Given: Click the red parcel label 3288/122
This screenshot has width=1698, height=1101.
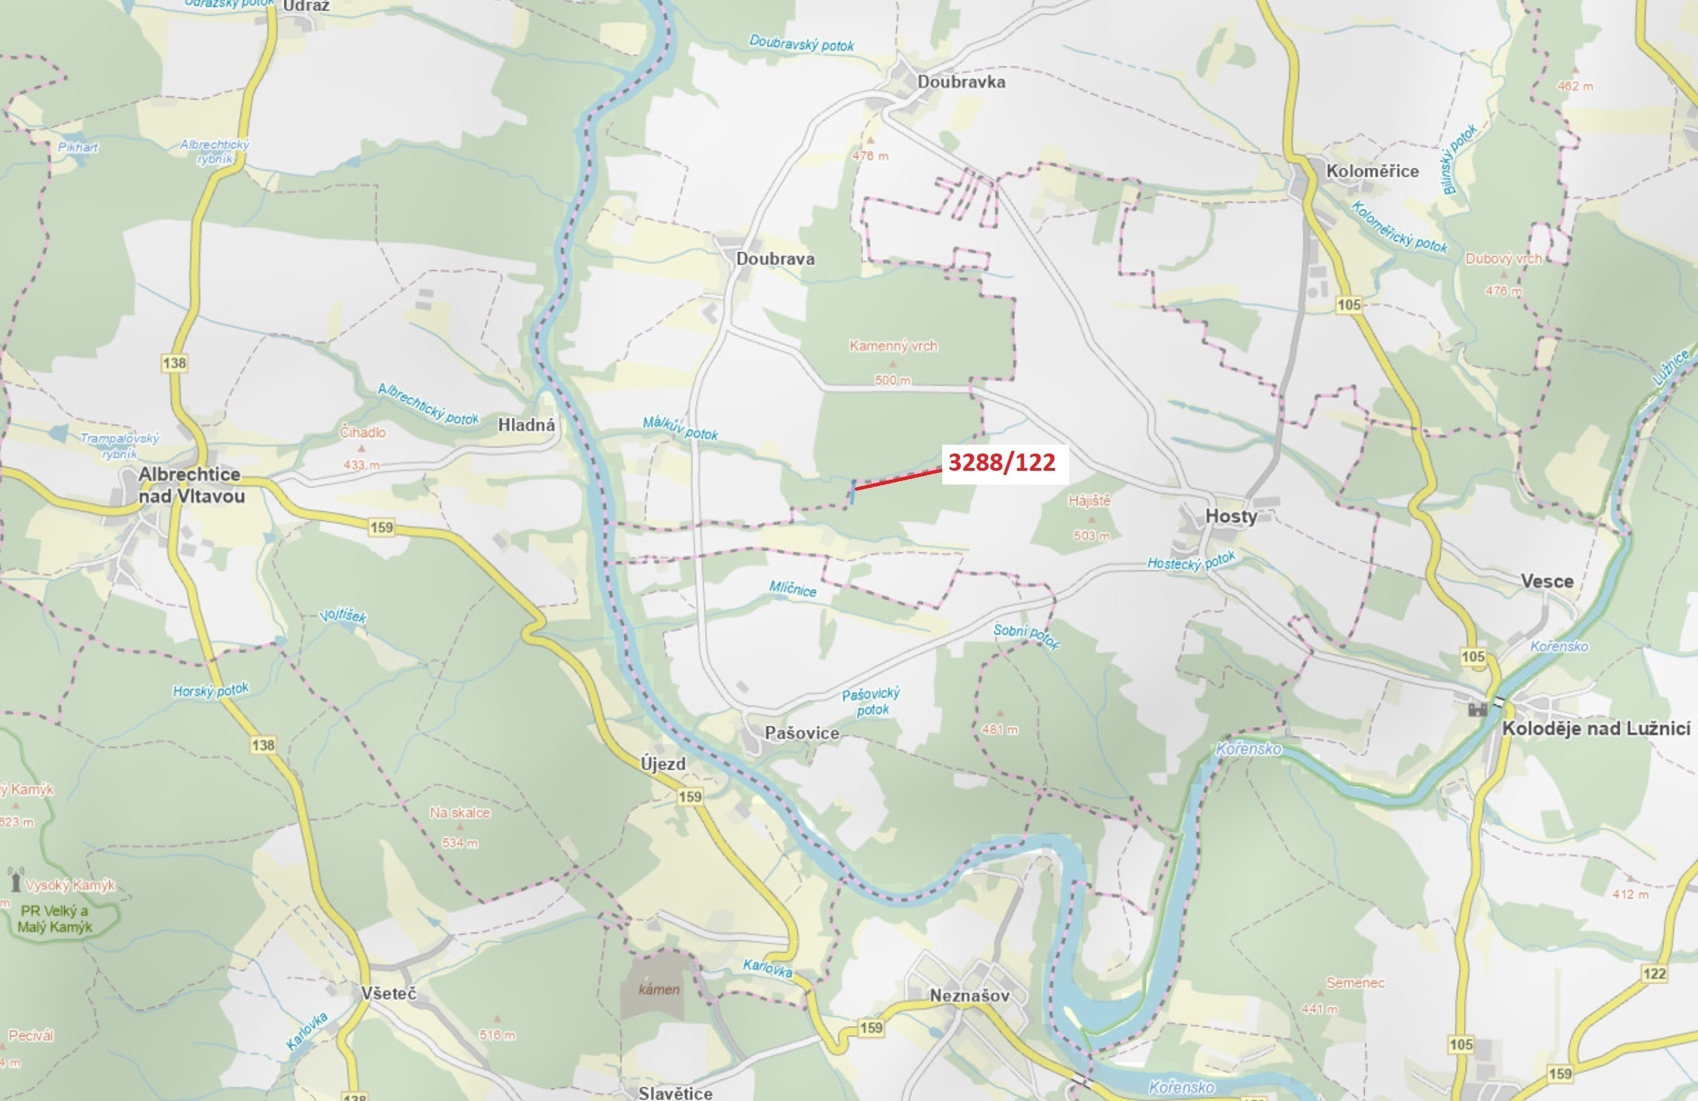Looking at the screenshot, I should tap(1002, 463).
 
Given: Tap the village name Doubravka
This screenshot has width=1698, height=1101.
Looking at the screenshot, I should tap(961, 82).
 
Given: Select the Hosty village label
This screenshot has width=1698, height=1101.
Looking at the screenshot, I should tap(1231, 516).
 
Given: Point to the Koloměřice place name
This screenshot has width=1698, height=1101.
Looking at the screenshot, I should tap(1372, 171).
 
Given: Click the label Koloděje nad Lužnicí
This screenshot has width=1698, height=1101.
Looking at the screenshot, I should tap(1596, 729).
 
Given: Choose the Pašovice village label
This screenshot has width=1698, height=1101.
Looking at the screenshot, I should tap(801, 733).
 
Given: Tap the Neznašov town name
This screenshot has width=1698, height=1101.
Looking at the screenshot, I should tap(970, 995).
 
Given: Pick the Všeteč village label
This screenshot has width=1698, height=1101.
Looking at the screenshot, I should tap(388, 993).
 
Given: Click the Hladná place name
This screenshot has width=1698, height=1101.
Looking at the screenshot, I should tap(526, 425).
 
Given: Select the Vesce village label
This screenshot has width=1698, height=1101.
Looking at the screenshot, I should tap(1547, 581).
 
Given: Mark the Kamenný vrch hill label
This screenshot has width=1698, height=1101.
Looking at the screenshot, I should tap(893, 346).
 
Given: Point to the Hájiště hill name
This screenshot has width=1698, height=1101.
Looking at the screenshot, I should tap(1089, 501).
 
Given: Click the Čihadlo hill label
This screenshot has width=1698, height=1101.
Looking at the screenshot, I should tap(362, 432).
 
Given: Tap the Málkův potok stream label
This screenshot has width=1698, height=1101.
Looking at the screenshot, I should tap(680, 429).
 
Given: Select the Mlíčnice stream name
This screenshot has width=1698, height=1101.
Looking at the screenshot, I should tap(792, 589).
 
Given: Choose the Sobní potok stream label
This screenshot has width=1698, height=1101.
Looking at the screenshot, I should tap(1026, 636).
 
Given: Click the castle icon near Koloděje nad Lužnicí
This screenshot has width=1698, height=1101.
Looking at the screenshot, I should tap(1477, 709).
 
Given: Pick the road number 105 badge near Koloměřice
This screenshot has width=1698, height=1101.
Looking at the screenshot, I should tap(1348, 305).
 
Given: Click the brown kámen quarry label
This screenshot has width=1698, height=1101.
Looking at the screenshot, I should tap(658, 990).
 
